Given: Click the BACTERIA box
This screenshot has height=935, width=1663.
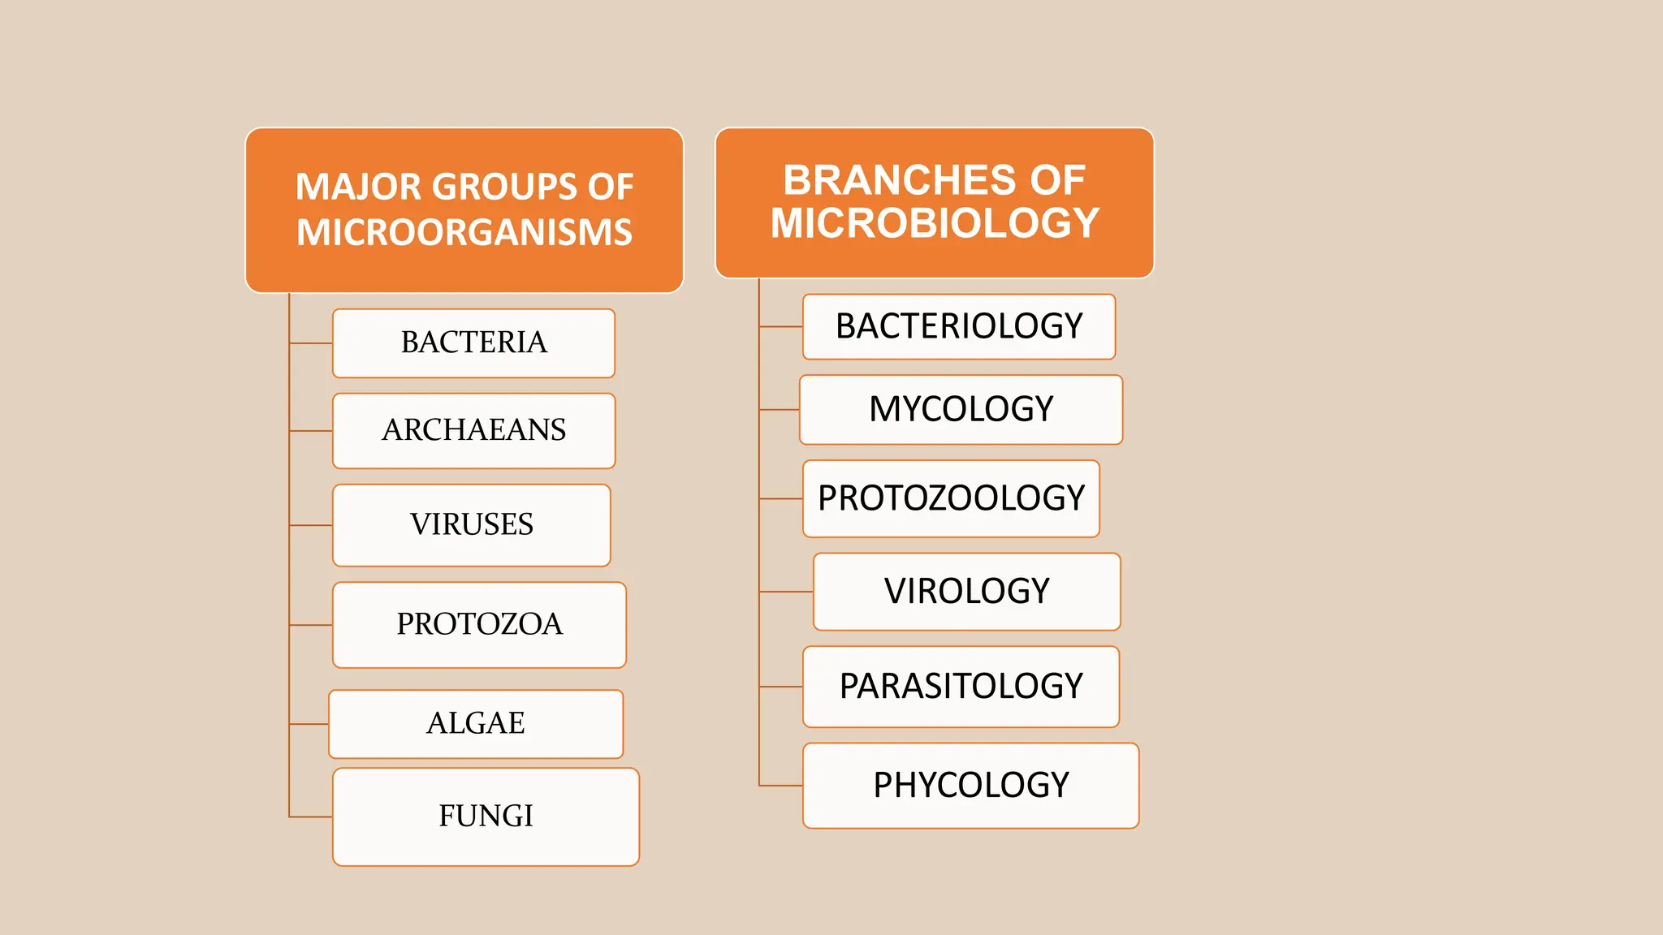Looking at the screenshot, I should pyautogui.click(x=473, y=343).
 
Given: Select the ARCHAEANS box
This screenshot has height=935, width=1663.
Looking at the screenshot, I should pyautogui.click(x=473, y=430).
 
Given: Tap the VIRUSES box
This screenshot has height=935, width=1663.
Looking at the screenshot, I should pyautogui.click(x=471, y=525).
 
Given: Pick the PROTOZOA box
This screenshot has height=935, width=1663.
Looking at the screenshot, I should pyautogui.click(x=479, y=624).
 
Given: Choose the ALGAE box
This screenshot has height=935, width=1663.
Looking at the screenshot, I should pyautogui.click(x=476, y=723).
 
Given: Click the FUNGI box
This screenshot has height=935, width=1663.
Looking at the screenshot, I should pyautogui.click(x=486, y=817).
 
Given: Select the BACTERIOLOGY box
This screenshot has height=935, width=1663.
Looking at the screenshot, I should pyautogui.click(x=959, y=326).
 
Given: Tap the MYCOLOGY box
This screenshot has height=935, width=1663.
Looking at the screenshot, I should pyautogui.click(x=961, y=409).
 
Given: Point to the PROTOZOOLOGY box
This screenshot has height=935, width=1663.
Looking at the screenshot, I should pyautogui.click(x=951, y=498).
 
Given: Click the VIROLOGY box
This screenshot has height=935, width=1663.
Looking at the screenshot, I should pyautogui.click(x=966, y=591).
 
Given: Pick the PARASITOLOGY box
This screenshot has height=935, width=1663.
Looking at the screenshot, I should pyautogui.click(x=961, y=687).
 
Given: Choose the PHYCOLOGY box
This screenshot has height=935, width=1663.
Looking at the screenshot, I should pyautogui.click(x=970, y=785).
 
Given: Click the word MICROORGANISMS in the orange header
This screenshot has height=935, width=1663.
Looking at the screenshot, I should pyautogui.click(x=464, y=232).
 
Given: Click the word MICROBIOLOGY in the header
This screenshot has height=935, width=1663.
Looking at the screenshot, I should pyautogui.click(x=935, y=223).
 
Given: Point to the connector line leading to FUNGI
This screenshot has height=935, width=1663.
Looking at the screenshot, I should pyautogui.click(x=311, y=817).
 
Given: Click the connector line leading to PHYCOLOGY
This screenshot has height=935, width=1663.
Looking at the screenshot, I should pyautogui.click(x=781, y=785).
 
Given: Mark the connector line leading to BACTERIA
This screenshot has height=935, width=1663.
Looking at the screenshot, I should pyautogui.click(x=311, y=343).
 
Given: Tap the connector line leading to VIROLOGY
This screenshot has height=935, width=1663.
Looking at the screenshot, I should pyautogui.click(x=786, y=592).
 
